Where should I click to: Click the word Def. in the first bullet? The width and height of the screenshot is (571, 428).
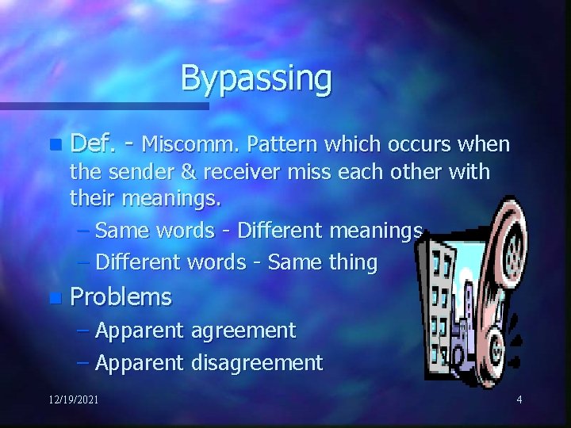[93, 143]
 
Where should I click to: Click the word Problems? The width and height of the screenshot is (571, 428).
[121, 297]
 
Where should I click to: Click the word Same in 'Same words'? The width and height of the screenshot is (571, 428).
[118, 231]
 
